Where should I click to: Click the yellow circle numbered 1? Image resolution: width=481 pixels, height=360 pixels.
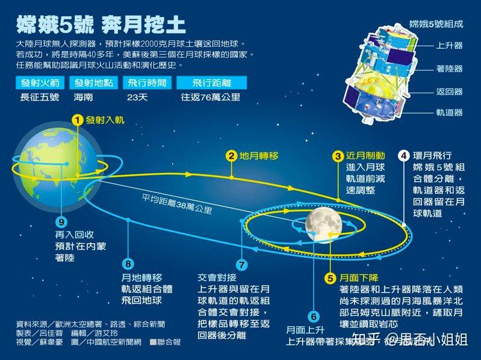(76, 120)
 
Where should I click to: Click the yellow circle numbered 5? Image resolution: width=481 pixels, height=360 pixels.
(330, 278)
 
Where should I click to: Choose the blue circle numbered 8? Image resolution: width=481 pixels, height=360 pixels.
(128, 264)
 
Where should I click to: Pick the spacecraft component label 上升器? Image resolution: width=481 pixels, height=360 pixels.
(450, 45)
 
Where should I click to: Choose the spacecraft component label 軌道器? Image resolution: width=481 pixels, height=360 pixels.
(450, 112)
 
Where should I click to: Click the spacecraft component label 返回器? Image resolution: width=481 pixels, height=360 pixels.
(450, 92)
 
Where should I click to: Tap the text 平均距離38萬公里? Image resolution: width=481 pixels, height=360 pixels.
(176, 204)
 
